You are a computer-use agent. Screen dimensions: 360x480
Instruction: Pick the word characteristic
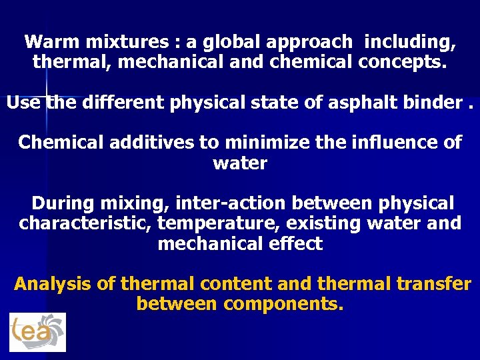pos(85,223)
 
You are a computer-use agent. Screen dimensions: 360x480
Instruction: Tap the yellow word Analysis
pos(53,284)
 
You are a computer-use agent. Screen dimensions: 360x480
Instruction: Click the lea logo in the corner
pos(38,331)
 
